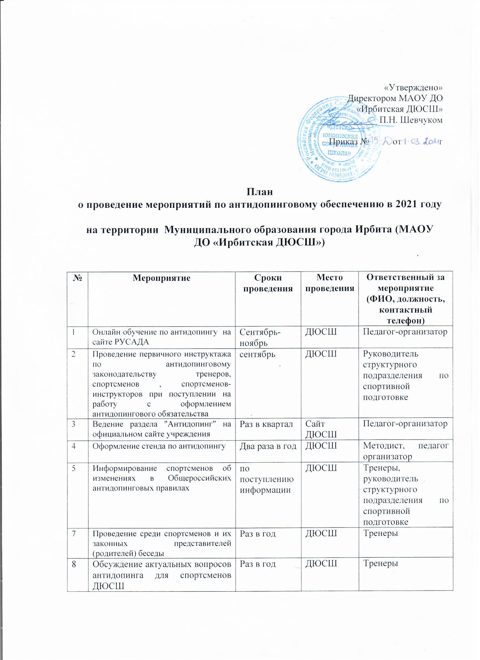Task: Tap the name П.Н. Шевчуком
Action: click(411, 120)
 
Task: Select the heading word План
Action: click(260, 192)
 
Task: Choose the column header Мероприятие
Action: click(161, 278)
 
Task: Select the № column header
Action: click(77, 278)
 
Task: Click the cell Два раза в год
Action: click(268, 446)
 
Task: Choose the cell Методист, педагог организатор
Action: click(405, 451)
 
